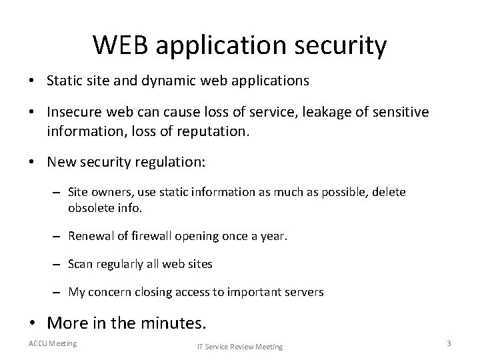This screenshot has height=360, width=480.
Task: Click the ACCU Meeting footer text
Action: (x=53, y=343)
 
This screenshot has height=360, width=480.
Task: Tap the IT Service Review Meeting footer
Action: (x=239, y=346)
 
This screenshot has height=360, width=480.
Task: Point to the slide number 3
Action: (x=449, y=343)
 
